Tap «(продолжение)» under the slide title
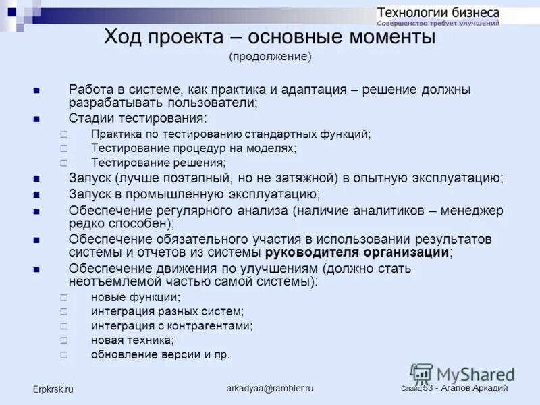270,57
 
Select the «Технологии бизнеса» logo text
438,12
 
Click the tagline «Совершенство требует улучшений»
438,23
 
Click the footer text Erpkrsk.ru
53,389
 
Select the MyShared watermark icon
421,374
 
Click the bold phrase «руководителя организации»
357,252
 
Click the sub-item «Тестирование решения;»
158,163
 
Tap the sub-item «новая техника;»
132,340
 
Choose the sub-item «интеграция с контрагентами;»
171,325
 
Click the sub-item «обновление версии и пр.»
160,354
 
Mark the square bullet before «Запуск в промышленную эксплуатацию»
36,195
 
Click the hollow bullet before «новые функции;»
63,297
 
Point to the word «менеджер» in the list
473,211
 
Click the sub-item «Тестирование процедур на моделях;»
193,148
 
